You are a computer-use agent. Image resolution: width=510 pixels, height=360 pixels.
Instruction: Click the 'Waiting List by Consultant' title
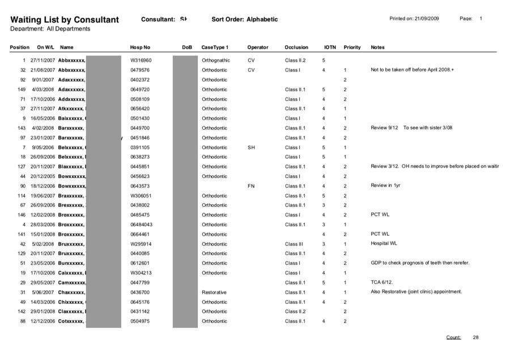(x=65, y=20)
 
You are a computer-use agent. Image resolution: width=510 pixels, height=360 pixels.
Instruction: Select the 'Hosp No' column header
(x=140, y=48)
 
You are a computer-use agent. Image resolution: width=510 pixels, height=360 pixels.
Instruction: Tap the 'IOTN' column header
(x=330, y=48)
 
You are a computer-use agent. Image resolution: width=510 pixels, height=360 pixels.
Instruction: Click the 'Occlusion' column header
(x=296, y=48)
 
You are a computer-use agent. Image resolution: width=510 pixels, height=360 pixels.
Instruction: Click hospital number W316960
(x=141, y=60)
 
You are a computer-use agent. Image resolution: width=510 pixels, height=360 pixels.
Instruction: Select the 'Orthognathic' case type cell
(x=216, y=60)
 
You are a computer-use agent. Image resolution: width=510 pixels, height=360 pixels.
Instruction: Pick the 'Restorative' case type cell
(x=214, y=292)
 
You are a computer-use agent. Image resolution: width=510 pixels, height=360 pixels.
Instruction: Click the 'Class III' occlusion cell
(x=294, y=244)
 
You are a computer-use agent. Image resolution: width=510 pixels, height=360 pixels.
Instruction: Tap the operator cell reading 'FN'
(x=251, y=186)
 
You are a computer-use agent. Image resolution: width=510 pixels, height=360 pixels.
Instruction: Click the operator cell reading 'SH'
(x=251, y=147)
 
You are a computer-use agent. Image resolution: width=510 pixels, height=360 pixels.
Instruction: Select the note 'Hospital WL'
(x=384, y=244)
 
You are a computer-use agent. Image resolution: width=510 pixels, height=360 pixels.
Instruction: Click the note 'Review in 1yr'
(x=385, y=186)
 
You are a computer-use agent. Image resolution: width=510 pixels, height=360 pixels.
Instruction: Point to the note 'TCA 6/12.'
(x=382, y=282)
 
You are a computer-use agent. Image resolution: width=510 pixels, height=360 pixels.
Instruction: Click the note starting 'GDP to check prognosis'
(x=420, y=263)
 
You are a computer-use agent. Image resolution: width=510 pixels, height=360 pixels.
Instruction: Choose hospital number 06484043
(x=142, y=225)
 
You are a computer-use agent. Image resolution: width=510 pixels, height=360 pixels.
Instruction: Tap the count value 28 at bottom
(x=476, y=337)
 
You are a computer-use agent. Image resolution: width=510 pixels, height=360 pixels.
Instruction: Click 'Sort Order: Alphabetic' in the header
(x=245, y=19)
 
